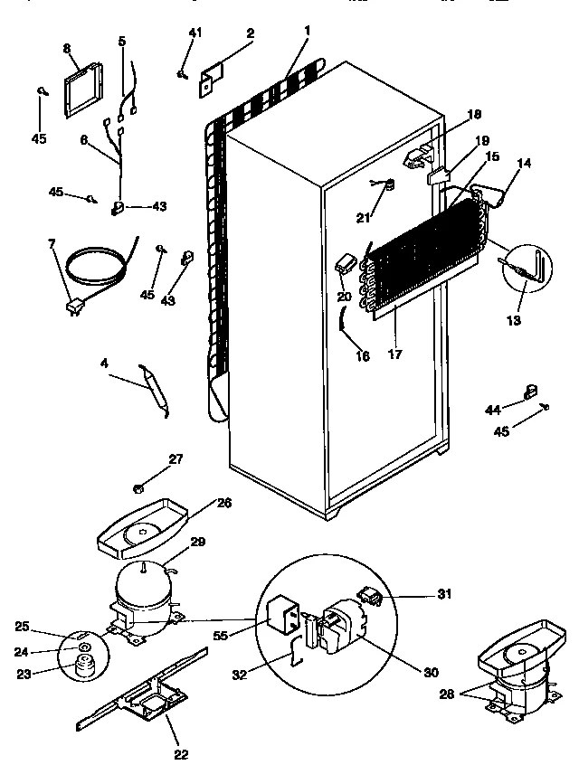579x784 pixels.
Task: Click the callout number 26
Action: (223, 503)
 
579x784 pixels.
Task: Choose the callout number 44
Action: (492, 410)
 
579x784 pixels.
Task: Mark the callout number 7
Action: (51, 243)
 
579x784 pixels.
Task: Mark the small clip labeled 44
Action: (527, 392)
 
